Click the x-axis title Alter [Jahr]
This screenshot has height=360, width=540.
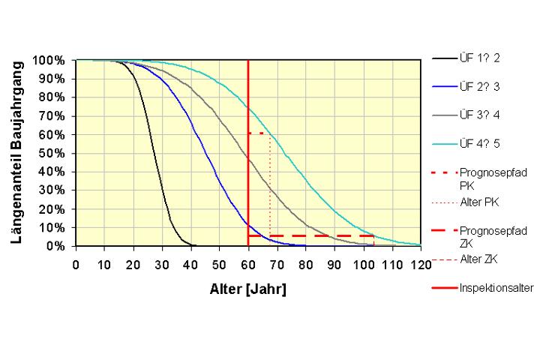tap(247, 288)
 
